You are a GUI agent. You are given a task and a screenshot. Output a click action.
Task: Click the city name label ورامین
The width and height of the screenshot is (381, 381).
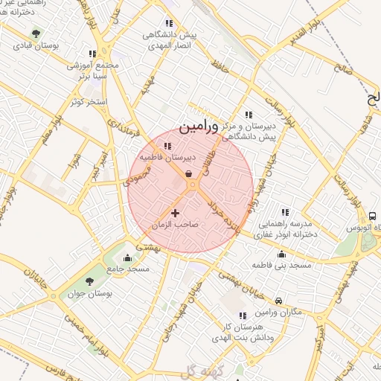click(x=200, y=127)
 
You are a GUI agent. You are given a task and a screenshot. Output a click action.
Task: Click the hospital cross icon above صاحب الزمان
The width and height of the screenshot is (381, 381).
click(x=176, y=214)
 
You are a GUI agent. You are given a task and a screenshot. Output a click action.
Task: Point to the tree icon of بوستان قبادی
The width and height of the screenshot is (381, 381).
click(x=36, y=33)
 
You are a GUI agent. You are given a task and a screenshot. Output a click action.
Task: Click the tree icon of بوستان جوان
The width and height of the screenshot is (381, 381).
click(x=89, y=281)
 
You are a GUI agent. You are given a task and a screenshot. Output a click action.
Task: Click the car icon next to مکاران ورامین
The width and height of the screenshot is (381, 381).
click(x=278, y=301)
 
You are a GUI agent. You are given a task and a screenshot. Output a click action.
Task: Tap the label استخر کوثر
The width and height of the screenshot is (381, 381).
click(x=89, y=100)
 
